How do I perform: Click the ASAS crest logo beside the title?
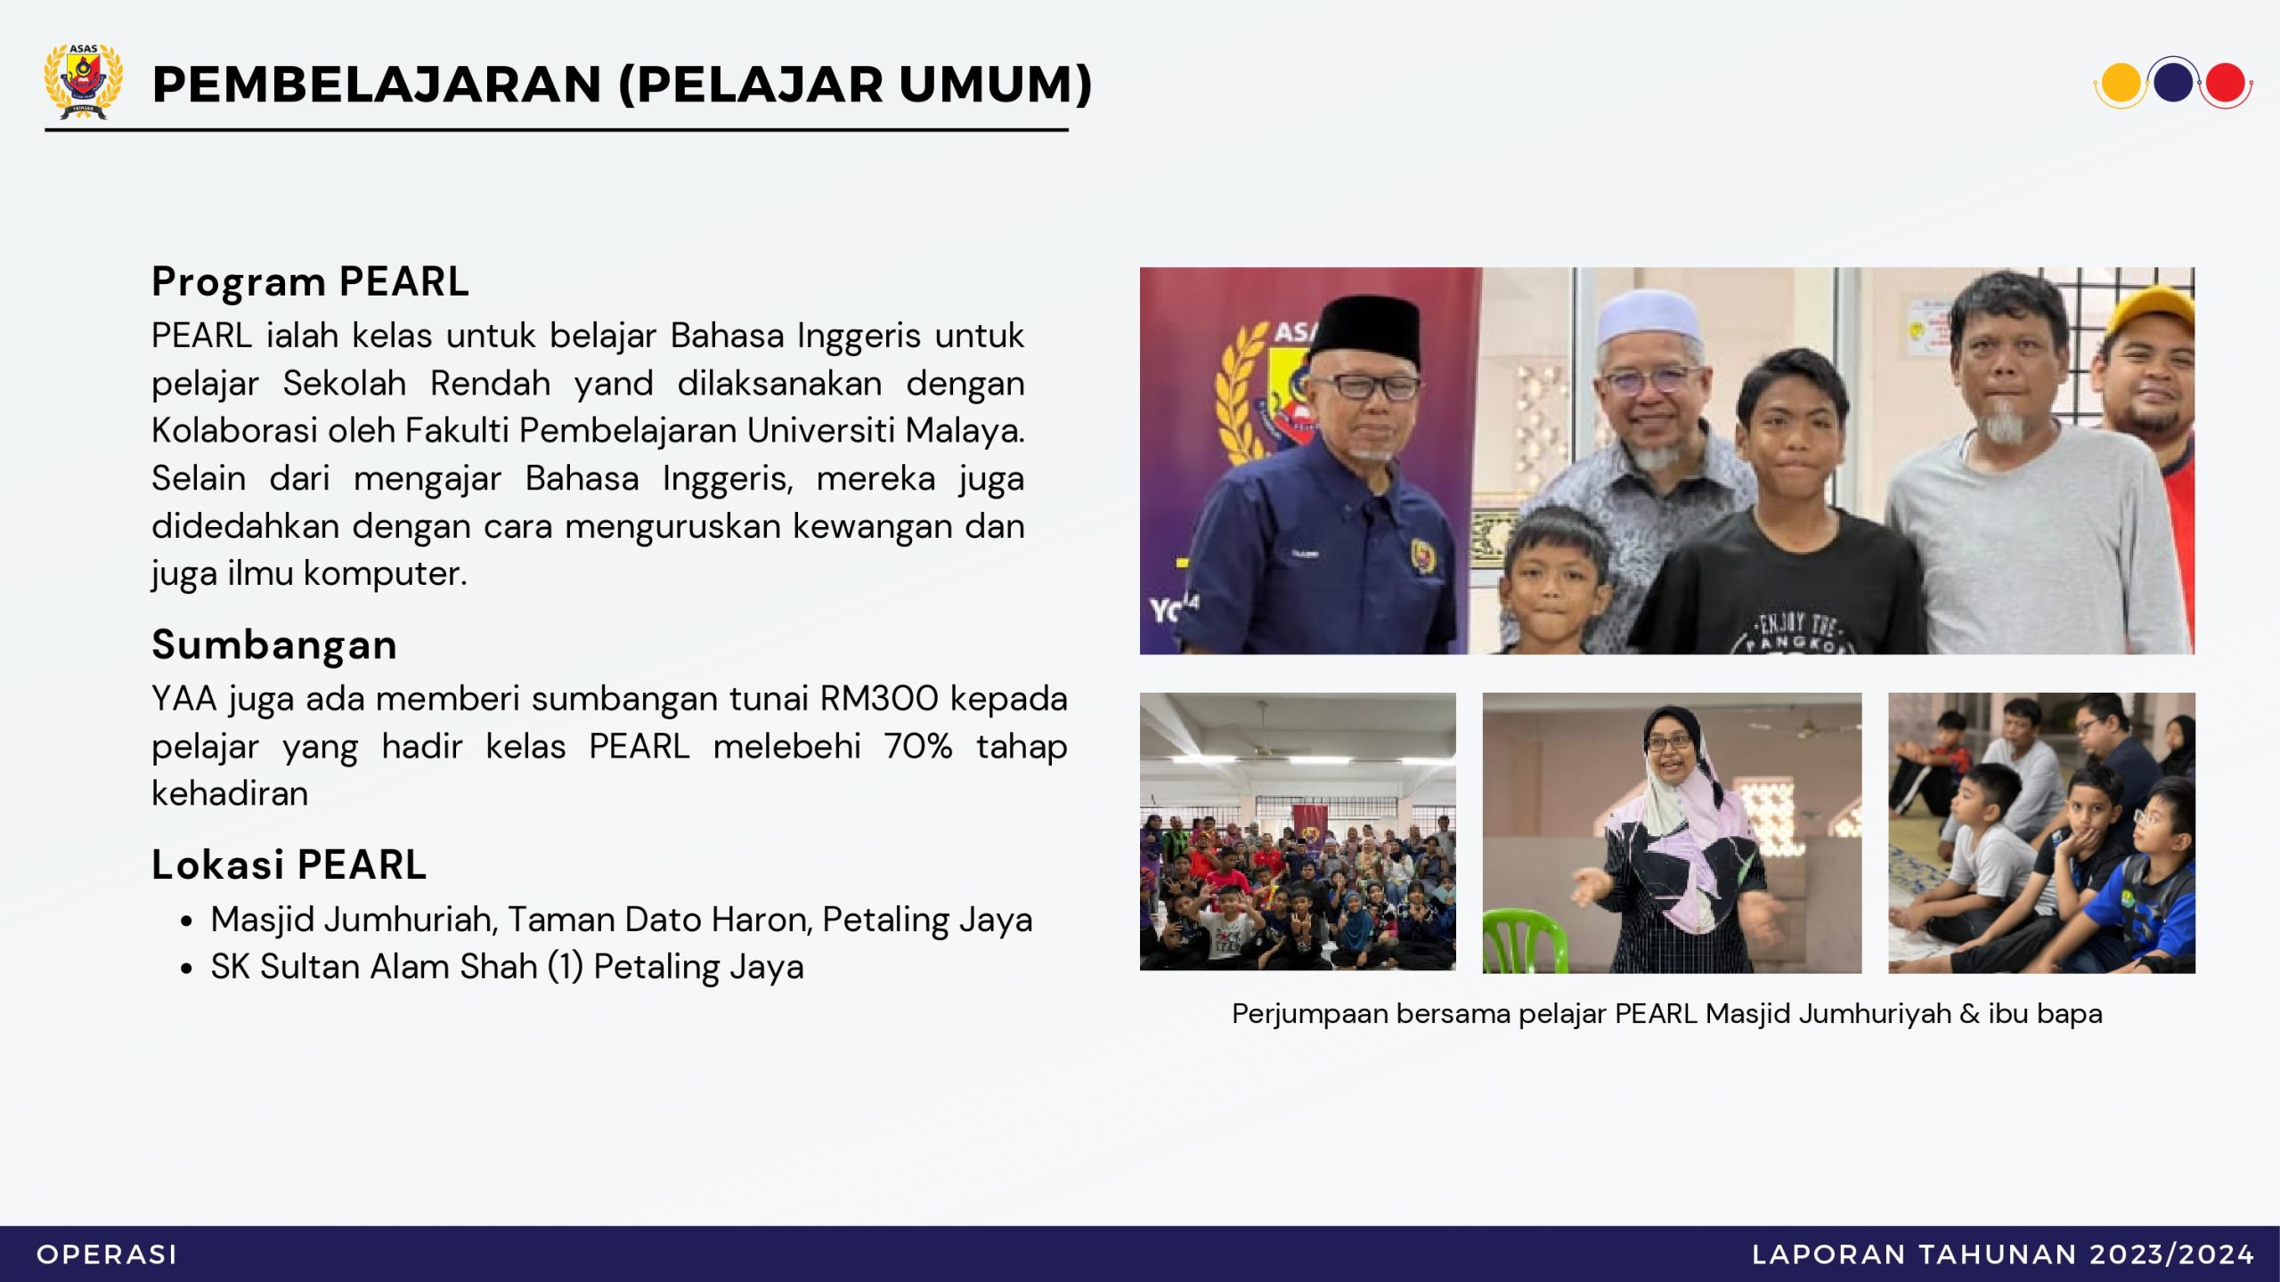84,81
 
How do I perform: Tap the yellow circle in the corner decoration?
2120,83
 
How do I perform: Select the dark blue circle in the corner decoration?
2173,82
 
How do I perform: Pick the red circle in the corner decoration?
2225,83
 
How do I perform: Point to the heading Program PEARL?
310,282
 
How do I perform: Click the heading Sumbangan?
274,645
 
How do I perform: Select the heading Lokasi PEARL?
289,864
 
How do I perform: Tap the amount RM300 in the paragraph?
879,699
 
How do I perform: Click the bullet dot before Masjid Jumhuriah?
186,921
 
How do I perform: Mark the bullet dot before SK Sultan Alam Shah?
186,969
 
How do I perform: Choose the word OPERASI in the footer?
107,1254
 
